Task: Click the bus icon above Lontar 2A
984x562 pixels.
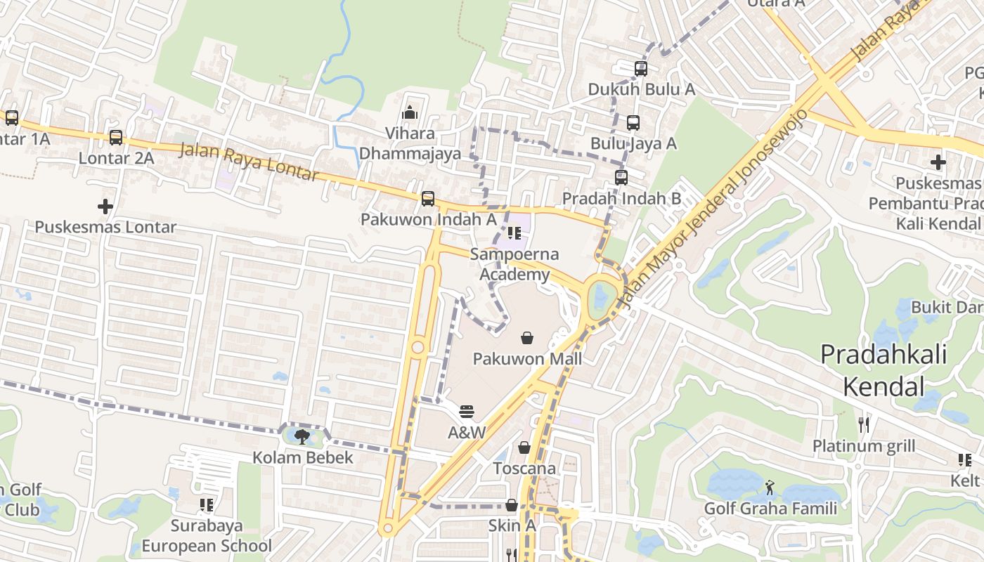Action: pos(116,138)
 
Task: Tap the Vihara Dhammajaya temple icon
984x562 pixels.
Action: pos(410,112)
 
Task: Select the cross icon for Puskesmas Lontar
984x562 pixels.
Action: pos(105,207)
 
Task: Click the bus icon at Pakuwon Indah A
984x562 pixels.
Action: pos(428,199)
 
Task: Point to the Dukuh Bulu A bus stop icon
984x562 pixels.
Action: pos(641,69)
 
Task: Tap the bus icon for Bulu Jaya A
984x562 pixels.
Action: pos(633,123)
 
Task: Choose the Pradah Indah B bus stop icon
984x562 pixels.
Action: pos(621,178)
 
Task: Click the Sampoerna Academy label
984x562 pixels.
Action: pos(514,264)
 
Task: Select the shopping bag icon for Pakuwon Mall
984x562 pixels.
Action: pos(527,338)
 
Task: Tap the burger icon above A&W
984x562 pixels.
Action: pos(467,412)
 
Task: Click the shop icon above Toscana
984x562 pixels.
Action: pos(524,447)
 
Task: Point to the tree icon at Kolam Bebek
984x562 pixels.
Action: pos(303,437)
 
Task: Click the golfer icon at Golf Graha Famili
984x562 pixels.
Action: pos(770,487)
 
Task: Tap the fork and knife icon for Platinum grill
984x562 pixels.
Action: pos(864,424)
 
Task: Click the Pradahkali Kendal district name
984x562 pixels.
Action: pos(883,370)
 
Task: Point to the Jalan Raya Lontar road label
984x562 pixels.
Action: pos(250,162)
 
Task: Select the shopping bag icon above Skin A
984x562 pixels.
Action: pos(512,505)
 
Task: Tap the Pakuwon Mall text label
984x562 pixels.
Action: pos(527,360)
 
